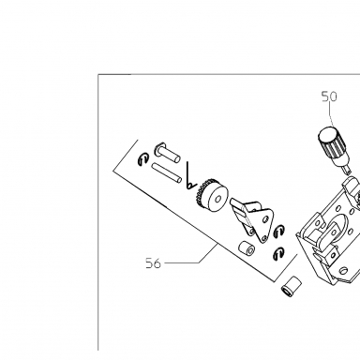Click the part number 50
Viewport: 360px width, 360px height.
(329, 97)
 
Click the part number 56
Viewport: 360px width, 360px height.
(153, 263)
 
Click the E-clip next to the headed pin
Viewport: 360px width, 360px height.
(142, 159)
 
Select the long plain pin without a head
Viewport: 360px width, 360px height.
(167, 172)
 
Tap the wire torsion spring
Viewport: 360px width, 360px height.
(190, 177)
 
